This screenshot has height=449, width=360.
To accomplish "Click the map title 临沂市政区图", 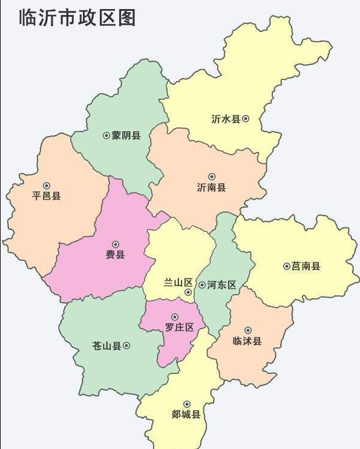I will pyautogui.click(x=77, y=17).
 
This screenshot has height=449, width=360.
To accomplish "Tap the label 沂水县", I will pyautogui.click(x=226, y=119).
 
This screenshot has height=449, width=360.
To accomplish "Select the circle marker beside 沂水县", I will pyautogui.click(x=246, y=119).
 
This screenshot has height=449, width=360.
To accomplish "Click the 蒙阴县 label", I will pyautogui.click(x=126, y=136).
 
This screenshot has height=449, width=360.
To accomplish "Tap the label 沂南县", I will pyautogui.click(x=211, y=188).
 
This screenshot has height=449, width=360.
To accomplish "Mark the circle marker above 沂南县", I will pyautogui.click(x=211, y=177).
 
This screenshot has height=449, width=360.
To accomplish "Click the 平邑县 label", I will pyautogui.click(x=47, y=196).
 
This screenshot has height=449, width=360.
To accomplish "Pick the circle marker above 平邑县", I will pyautogui.click(x=47, y=186).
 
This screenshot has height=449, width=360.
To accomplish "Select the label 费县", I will pyautogui.click(x=115, y=255).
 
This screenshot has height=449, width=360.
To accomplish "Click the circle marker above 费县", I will pyautogui.click(x=116, y=244).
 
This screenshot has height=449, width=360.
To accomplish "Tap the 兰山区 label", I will pyautogui.click(x=178, y=283).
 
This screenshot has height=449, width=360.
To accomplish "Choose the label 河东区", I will pyautogui.click(x=221, y=284).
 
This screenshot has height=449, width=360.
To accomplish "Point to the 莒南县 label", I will pyautogui.click(x=306, y=266).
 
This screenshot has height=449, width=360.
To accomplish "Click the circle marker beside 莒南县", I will pyautogui.click(x=286, y=266).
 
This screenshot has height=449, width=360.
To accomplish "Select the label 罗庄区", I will pyautogui.click(x=179, y=327).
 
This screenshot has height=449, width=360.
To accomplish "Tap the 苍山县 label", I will pyautogui.click(x=106, y=346).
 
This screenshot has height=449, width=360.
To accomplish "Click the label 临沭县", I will pyautogui.click(x=247, y=341).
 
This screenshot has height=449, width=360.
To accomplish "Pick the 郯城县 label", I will pyautogui.click(x=186, y=415).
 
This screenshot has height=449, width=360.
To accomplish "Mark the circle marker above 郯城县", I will pyautogui.click(x=186, y=404).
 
